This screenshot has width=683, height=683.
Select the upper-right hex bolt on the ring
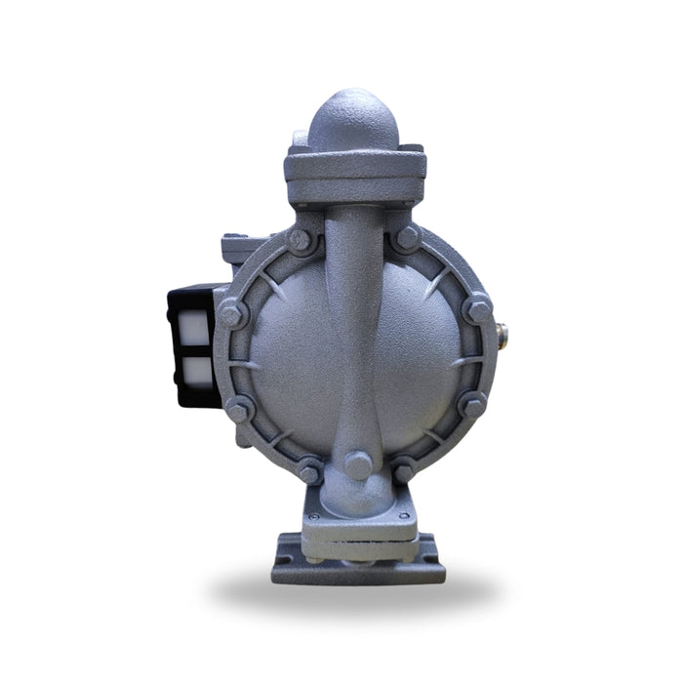[407, 238]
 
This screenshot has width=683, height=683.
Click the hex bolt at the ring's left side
[232, 314]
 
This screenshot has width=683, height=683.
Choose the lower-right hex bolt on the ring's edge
[473, 406]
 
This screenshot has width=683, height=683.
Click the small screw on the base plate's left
[312, 516]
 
